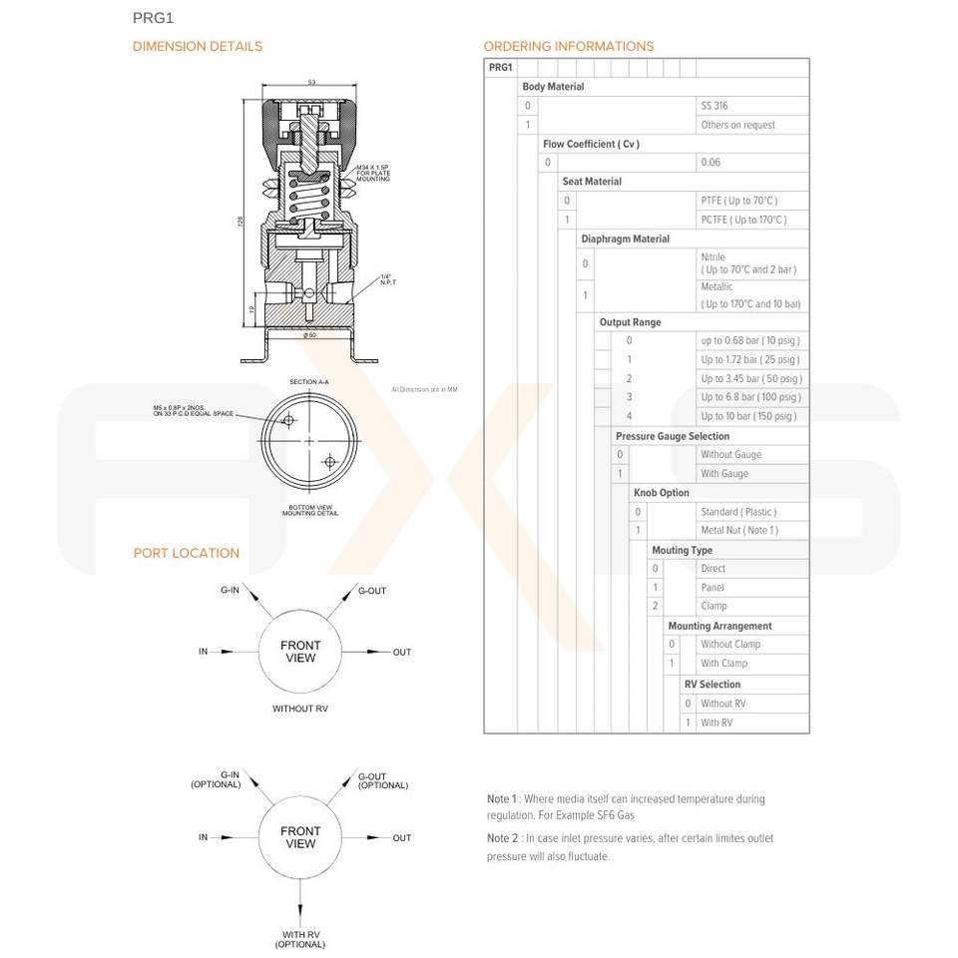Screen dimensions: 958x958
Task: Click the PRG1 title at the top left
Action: point(153,17)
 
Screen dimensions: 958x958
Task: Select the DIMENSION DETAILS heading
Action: point(198,46)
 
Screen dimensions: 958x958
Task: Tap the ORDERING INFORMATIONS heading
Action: point(569,46)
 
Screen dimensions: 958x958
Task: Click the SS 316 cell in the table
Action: point(715,106)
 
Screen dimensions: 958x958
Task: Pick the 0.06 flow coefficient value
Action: point(711,163)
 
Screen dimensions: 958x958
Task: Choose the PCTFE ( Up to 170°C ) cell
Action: point(743,220)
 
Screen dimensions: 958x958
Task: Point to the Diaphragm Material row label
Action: point(625,239)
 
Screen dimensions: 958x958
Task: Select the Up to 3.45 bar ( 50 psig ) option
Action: point(750,379)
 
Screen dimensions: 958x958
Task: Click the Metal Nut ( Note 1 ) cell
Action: point(738,531)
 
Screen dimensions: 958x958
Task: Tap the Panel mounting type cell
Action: point(713,588)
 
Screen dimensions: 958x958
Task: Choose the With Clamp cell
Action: point(723,664)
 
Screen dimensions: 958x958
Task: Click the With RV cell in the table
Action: point(717,722)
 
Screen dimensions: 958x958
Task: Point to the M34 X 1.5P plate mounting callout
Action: point(374,174)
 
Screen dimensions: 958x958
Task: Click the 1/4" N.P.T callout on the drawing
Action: point(388,279)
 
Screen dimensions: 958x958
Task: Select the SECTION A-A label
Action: point(308,382)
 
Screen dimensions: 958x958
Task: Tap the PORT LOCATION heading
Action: point(187,553)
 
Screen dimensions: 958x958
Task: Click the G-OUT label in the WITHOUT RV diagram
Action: point(372,591)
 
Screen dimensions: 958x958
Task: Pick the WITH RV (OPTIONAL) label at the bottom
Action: point(300,939)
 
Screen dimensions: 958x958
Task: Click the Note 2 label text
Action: point(502,839)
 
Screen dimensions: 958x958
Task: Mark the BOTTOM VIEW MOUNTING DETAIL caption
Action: point(308,511)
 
